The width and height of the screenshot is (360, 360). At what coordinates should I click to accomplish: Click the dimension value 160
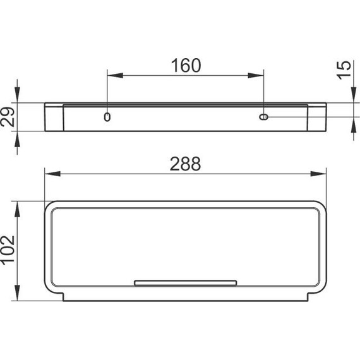coord(185,65)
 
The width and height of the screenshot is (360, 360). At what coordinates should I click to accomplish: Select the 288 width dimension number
coord(185,164)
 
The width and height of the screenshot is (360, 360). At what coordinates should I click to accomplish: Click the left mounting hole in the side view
coord(107,117)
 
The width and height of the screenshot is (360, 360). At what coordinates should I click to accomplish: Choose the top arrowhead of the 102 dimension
coord(18,205)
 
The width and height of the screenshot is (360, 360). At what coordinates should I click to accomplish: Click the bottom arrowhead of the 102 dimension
coord(18,296)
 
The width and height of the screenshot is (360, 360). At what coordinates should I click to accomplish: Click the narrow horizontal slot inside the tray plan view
coord(185,282)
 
